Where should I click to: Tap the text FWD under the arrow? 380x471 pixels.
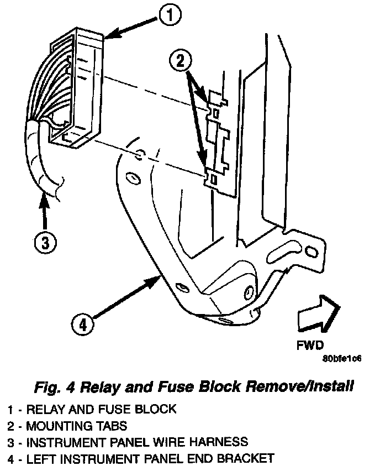pyautogui.click(x=309, y=347)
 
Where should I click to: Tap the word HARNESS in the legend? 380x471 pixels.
pyautogui.click(x=217, y=442)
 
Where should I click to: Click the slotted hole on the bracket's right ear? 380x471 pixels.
pyautogui.click(x=312, y=252)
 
